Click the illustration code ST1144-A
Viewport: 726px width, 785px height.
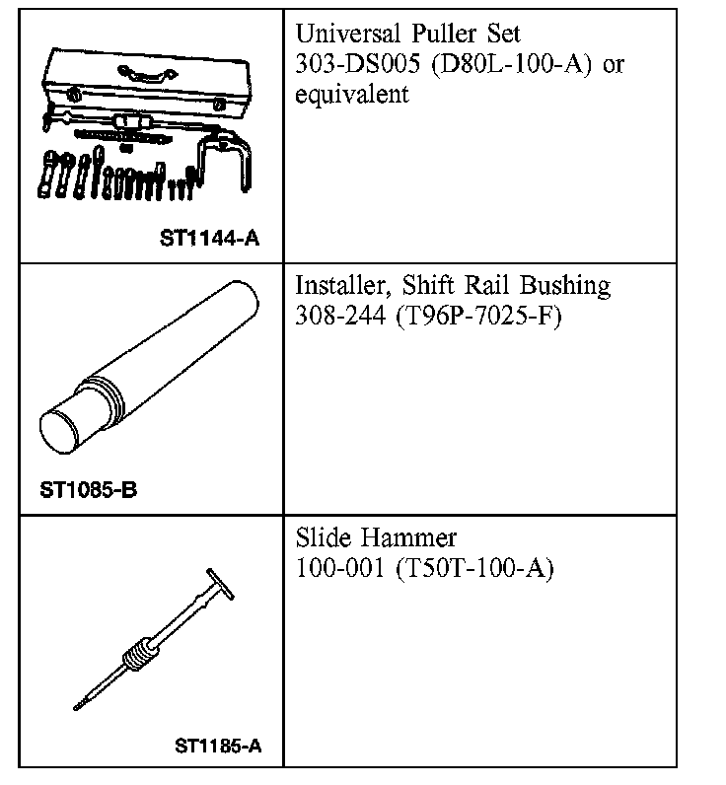pos(209,238)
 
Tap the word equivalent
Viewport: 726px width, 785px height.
pos(352,95)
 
